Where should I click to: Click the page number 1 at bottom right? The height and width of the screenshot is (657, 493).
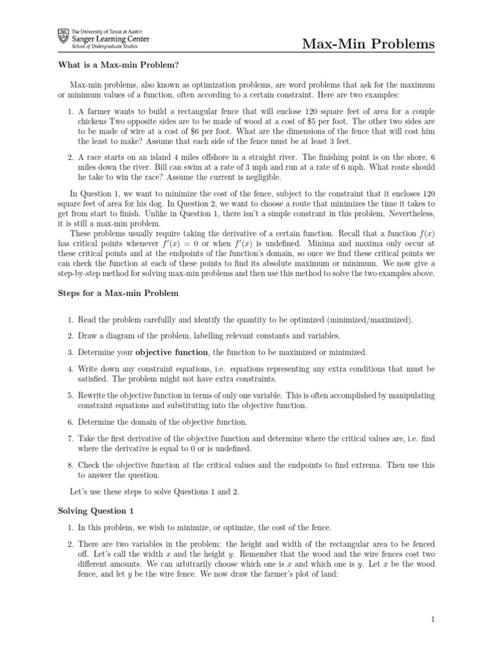coord(433,619)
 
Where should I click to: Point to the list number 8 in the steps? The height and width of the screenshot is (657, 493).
coord(71,464)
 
